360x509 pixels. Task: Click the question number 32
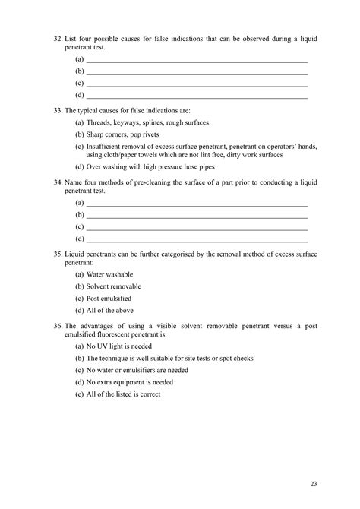58,37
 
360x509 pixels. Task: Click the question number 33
58,109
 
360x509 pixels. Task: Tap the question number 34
58,182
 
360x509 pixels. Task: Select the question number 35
58,254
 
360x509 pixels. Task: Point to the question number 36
58,326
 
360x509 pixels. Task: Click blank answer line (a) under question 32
197,59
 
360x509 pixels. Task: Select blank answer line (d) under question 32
197,96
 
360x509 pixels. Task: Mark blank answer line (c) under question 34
197,228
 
